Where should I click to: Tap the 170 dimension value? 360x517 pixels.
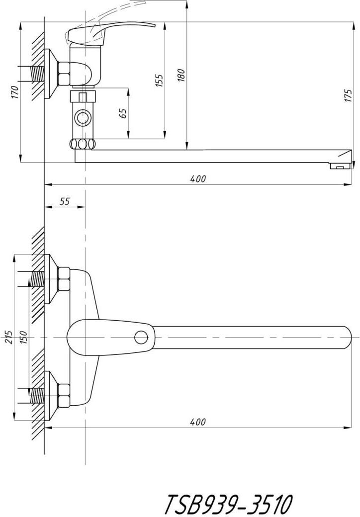click(x=14, y=92)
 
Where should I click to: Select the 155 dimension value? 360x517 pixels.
click(x=159, y=81)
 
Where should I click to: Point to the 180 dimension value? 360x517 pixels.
click(x=181, y=76)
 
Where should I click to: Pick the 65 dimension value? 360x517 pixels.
click(x=123, y=113)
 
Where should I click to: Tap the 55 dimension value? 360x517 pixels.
click(x=65, y=201)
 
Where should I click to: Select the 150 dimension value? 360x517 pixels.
click(x=24, y=337)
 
